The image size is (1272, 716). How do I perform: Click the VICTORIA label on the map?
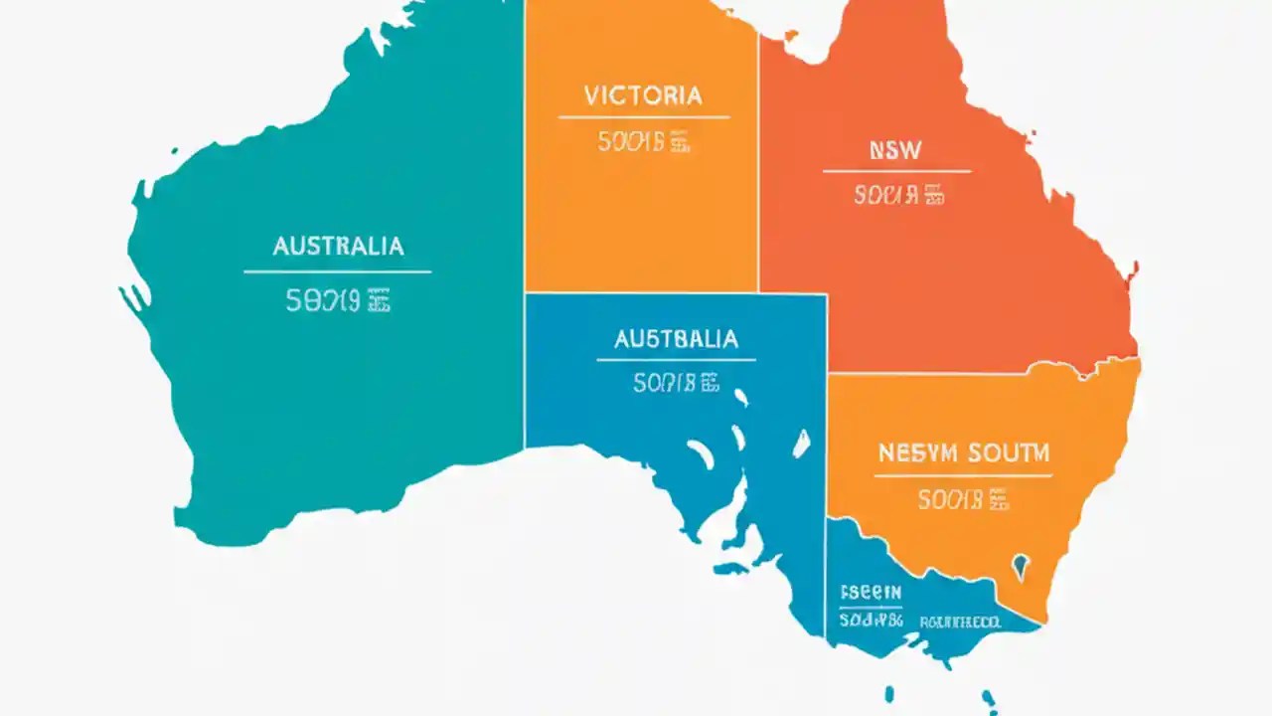click(643, 95)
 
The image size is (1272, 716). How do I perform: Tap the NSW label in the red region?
click(894, 150)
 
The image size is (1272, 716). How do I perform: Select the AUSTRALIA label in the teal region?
click(338, 246)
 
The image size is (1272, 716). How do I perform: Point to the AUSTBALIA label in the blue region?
click(676, 339)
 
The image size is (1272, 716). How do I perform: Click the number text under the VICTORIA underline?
click(643, 142)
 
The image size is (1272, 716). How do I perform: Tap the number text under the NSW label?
click(898, 195)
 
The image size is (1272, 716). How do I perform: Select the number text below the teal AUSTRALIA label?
click(338, 301)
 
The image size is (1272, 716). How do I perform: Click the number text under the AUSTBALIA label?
click(676, 383)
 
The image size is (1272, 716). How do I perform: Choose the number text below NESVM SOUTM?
click(963, 499)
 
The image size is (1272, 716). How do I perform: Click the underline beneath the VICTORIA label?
click(643, 117)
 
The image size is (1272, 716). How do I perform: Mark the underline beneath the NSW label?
click(896, 171)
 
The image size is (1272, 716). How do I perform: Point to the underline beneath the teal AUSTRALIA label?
click(338, 271)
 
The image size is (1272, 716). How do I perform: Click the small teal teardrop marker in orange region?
click(1021, 568)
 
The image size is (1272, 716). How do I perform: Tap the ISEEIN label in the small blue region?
click(870, 590)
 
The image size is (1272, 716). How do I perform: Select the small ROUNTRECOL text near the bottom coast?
click(961, 623)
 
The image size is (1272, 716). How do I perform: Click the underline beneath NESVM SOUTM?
click(963, 476)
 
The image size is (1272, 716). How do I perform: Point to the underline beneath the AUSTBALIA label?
click(676, 360)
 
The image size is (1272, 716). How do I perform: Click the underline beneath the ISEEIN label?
click(870, 605)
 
